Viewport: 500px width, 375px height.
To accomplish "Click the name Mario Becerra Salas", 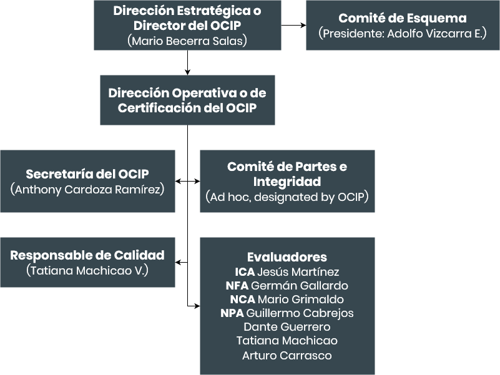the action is pyautogui.click(x=187, y=41).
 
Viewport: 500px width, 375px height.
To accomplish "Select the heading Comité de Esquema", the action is pyautogui.click(x=403, y=18).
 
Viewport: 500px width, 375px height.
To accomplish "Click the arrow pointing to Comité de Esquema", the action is pyautogui.click(x=293, y=25).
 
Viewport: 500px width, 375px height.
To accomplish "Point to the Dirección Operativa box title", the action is pyautogui.click(x=187, y=100).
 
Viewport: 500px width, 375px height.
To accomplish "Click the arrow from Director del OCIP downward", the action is pyautogui.click(x=187, y=62).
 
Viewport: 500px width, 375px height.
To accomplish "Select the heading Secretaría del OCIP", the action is pyautogui.click(x=87, y=174).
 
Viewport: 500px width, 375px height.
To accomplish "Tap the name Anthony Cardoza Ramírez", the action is pyautogui.click(x=87, y=190).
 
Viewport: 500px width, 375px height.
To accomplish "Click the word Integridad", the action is pyautogui.click(x=287, y=182).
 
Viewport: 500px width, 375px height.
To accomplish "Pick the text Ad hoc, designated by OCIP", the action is pyautogui.click(x=287, y=197).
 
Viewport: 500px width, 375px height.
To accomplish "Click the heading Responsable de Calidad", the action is pyautogui.click(x=87, y=255).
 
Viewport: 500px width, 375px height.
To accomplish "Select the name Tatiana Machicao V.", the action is pyautogui.click(x=87, y=270).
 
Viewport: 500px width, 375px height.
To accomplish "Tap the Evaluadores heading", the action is pyautogui.click(x=287, y=257).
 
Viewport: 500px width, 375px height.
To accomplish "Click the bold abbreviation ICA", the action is pyautogui.click(x=245, y=271).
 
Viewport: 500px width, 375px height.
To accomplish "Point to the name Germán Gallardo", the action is pyautogui.click(x=300, y=285).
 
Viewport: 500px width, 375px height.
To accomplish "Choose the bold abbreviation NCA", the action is pyautogui.click(x=243, y=299).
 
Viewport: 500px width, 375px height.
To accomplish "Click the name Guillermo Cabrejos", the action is pyautogui.click(x=300, y=313).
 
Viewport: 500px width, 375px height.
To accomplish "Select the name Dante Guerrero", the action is pyautogui.click(x=287, y=327).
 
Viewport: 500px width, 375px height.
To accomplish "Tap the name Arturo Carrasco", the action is pyautogui.click(x=287, y=355).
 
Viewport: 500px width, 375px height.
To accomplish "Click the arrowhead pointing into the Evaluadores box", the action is pyautogui.click(x=198, y=306).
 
